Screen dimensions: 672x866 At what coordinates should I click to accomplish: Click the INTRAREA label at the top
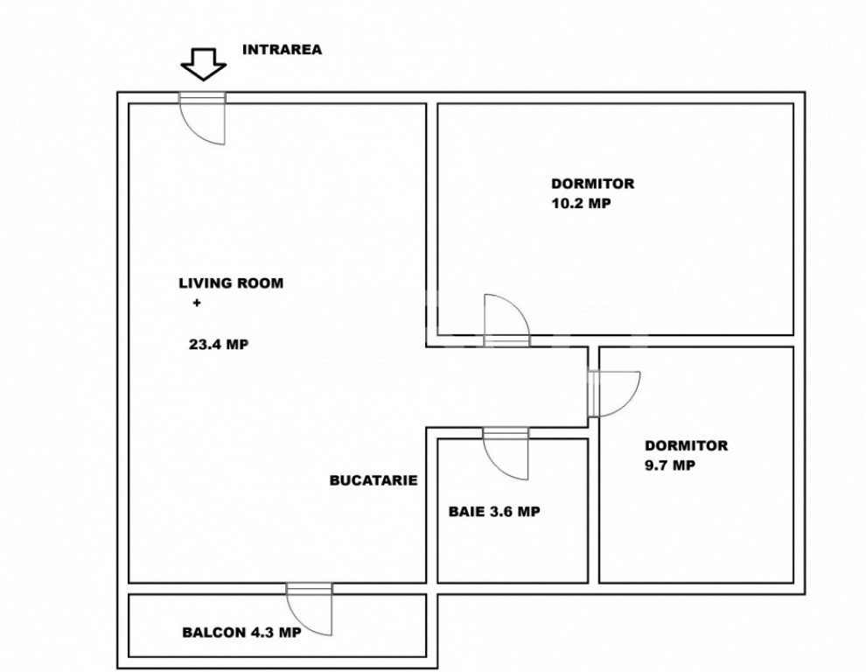click(x=281, y=50)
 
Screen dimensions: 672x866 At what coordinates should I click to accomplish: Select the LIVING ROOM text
click(x=231, y=283)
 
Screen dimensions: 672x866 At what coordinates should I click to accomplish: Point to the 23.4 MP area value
click(x=219, y=345)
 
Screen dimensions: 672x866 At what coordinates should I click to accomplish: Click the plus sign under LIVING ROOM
click(x=196, y=304)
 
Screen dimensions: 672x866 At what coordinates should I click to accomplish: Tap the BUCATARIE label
click(x=374, y=480)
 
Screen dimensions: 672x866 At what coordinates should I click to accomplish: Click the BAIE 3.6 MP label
click(x=494, y=513)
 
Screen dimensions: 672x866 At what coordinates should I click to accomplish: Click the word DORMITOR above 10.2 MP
click(x=592, y=185)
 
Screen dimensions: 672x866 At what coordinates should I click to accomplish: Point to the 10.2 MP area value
click(x=580, y=203)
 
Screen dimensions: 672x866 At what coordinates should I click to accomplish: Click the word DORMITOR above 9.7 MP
click(x=685, y=446)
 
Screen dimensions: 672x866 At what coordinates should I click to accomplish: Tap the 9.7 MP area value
click(x=669, y=465)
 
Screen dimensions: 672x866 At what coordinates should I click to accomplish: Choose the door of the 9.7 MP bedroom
click(x=614, y=392)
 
